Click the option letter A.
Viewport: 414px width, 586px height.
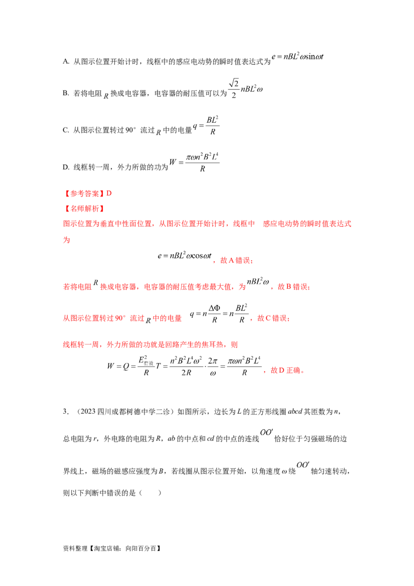[x=66, y=62]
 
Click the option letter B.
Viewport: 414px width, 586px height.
[x=66, y=93]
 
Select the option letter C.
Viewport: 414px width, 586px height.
[x=66, y=130]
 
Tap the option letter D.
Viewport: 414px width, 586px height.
[x=66, y=167]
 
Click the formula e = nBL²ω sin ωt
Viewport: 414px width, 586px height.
[x=298, y=56]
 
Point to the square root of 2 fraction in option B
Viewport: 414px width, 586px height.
[x=233, y=89]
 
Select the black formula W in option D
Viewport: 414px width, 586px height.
[x=194, y=163]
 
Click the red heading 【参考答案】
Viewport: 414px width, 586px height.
[x=84, y=193]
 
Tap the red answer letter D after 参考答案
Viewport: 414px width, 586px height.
[x=109, y=193]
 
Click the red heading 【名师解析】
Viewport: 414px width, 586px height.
[x=84, y=209]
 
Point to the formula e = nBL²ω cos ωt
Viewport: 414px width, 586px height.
[x=185, y=256]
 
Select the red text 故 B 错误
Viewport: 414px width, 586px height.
[x=293, y=287]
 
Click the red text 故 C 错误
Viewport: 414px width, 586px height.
[x=273, y=318]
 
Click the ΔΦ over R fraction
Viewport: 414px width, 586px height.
[x=214, y=314]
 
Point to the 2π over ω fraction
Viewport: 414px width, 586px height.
[x=213, y=367]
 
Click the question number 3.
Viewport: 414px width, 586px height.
[x=65, y=412]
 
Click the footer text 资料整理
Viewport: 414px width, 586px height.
[x=75, y=548]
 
